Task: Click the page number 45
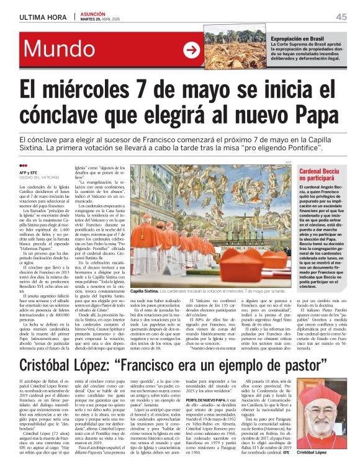[x=341, y=17]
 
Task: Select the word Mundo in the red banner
[x=59, y=50]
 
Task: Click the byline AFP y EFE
[x=29, y=171]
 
